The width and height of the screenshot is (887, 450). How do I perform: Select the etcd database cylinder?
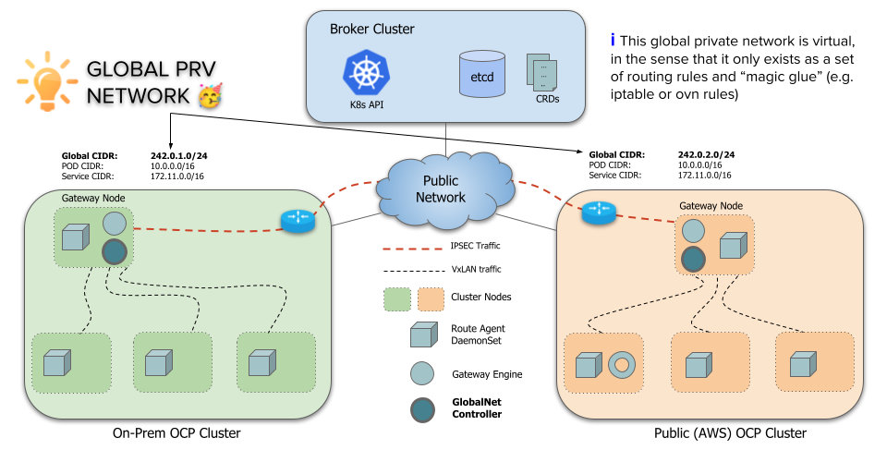(481, 75)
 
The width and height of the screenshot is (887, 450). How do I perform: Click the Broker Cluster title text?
(372, 30)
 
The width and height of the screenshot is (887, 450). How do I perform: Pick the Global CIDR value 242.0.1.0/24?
(177, 155)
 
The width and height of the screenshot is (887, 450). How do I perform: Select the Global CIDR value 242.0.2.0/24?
(705, 155)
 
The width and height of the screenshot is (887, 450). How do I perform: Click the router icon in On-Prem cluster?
(298, 220)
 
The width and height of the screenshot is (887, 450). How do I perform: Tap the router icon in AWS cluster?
(597, 213)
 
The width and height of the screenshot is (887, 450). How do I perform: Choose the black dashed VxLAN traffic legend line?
(411, 271)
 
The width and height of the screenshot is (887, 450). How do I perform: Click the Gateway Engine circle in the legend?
(423, 373)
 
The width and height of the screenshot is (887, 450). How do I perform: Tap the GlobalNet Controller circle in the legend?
(423, 408)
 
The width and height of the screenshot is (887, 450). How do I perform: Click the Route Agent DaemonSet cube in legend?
(423, 334)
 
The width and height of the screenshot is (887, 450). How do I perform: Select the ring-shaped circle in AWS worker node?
(622, 365)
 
